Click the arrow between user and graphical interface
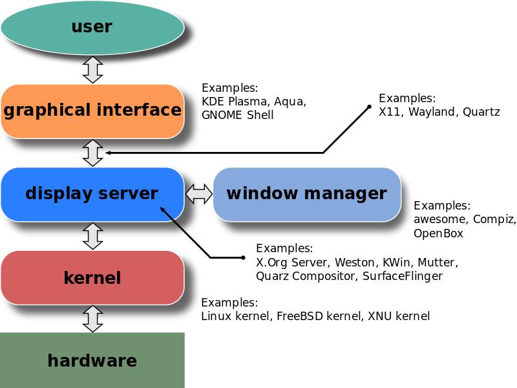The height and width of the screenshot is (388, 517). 93,69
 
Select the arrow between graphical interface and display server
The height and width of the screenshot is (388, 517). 93,153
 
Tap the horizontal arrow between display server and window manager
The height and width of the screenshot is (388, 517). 199,194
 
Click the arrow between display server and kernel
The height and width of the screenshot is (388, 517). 93,236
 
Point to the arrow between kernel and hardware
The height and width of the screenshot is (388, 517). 93,319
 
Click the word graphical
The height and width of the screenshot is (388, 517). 46,111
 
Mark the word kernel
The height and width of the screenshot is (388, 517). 92,278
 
